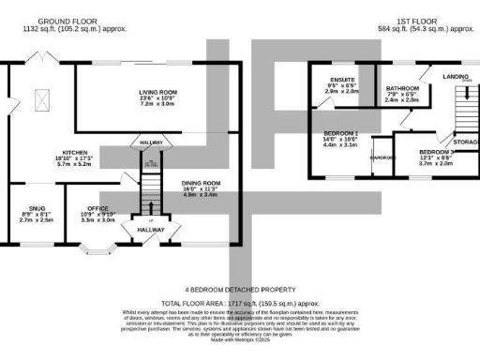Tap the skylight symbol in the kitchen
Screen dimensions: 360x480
tap(42, 96)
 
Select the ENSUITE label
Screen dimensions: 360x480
tap(342, 80)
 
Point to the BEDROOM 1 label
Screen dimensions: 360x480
tap(341, 131)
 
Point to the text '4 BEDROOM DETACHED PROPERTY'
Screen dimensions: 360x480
tap(239, 290)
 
